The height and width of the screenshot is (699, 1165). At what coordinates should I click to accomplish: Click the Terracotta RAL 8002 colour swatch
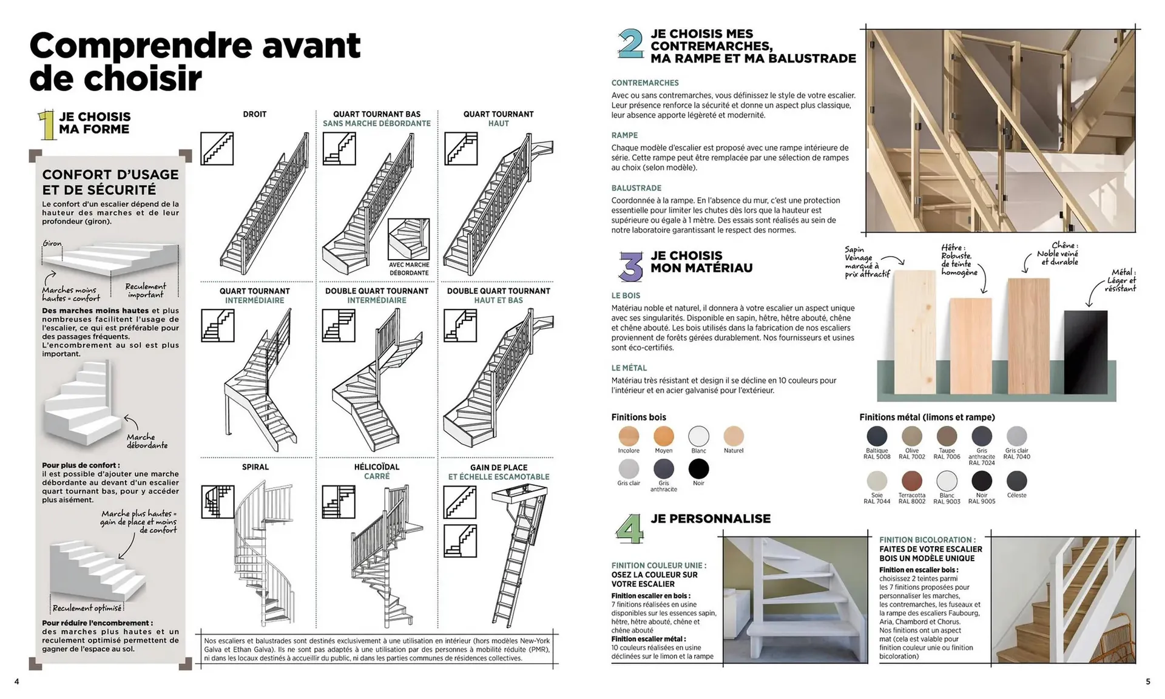tap(911, 481)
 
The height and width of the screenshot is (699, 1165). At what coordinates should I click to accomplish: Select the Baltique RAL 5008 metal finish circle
tap(877, 436)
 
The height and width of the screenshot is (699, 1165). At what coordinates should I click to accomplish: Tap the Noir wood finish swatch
tap(698, 468)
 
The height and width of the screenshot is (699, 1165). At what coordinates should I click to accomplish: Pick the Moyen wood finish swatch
tap(663, 436)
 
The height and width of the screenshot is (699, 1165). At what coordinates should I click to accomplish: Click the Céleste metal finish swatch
tap(1016, 481)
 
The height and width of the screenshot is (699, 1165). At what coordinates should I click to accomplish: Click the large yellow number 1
tap(46, 124)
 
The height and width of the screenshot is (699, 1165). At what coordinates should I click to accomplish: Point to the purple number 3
tap(630, 267)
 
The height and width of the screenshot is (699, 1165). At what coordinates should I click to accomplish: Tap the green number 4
tap(629, 529)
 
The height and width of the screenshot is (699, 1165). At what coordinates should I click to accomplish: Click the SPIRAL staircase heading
tap(255, 467)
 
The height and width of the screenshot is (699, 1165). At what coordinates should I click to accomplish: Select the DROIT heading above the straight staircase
tap(254, 114)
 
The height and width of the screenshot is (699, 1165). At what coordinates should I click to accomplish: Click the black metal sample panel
tap(1086, 352)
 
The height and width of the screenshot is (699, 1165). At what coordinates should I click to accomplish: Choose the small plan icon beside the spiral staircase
tap(218, 502)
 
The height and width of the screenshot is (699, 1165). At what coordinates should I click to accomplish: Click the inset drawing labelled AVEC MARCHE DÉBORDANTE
tap(408, 240)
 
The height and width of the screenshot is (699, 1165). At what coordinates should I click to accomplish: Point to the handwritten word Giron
tap(52, 243)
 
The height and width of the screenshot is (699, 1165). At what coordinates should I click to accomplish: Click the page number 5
tap(1147, 681)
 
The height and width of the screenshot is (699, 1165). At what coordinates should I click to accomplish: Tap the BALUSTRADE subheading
tap(636, 188)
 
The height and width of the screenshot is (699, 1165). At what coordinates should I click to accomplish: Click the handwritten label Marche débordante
tap(147, 441)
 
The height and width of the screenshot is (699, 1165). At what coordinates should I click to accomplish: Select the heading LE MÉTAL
tap(629, 368)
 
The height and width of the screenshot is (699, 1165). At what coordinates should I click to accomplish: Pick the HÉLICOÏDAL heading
tap(376, 467)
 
